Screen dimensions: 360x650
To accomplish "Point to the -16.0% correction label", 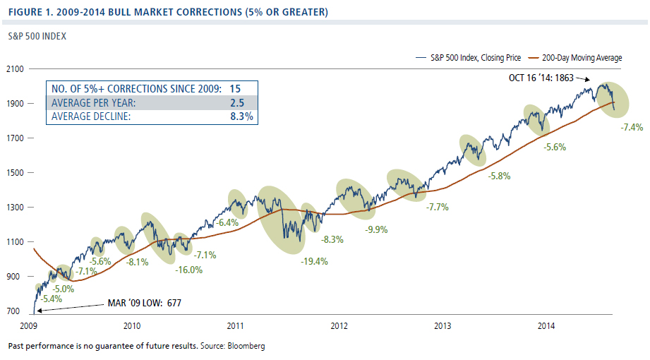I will click(188, 269).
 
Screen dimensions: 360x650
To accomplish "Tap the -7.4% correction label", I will click(631, 128).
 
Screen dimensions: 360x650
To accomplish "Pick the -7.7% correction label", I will click(438, 207).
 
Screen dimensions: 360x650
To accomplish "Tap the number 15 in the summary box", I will click(235, 88).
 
